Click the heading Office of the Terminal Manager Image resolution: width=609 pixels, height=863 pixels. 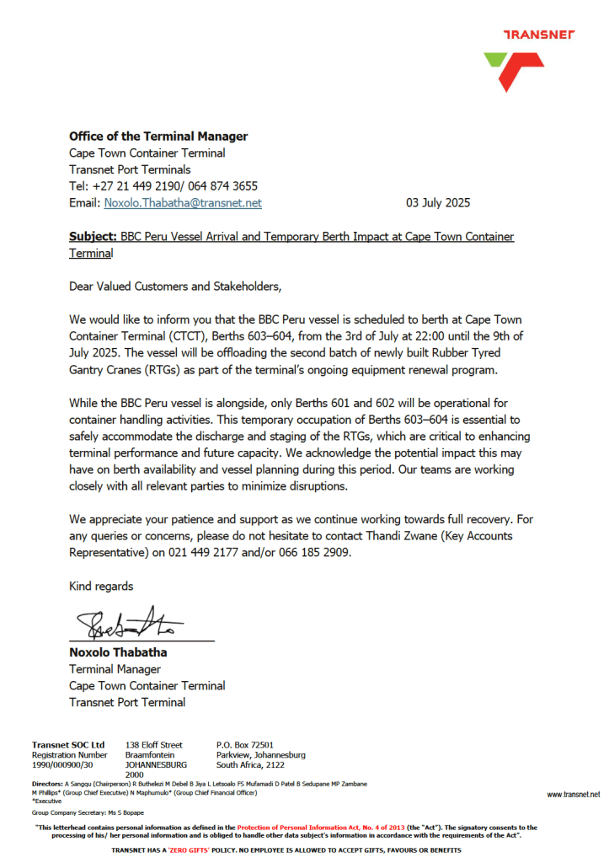pyautogui.click(x=158, y=137)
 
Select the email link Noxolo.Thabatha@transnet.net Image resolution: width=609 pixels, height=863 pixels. pyautogui.click(x=183, y=203)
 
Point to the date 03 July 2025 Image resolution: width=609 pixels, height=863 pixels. pyautogui.click(x=438, y=203)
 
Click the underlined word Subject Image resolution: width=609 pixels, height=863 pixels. pyautogui.click(x=93, y=237)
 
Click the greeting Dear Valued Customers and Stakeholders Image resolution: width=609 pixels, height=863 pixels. pyautogui.click(x=174, y=287)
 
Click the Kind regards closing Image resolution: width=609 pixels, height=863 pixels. pyautogui.click(x=101, y=586)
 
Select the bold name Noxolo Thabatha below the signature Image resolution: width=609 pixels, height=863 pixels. pyautogui.click(x=118, y=652)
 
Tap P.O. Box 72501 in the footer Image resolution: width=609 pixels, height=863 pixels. pyautogui.click(x=245, y=745)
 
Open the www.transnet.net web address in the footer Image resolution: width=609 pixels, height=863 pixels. pyautogui.click(x=573, y=794)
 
